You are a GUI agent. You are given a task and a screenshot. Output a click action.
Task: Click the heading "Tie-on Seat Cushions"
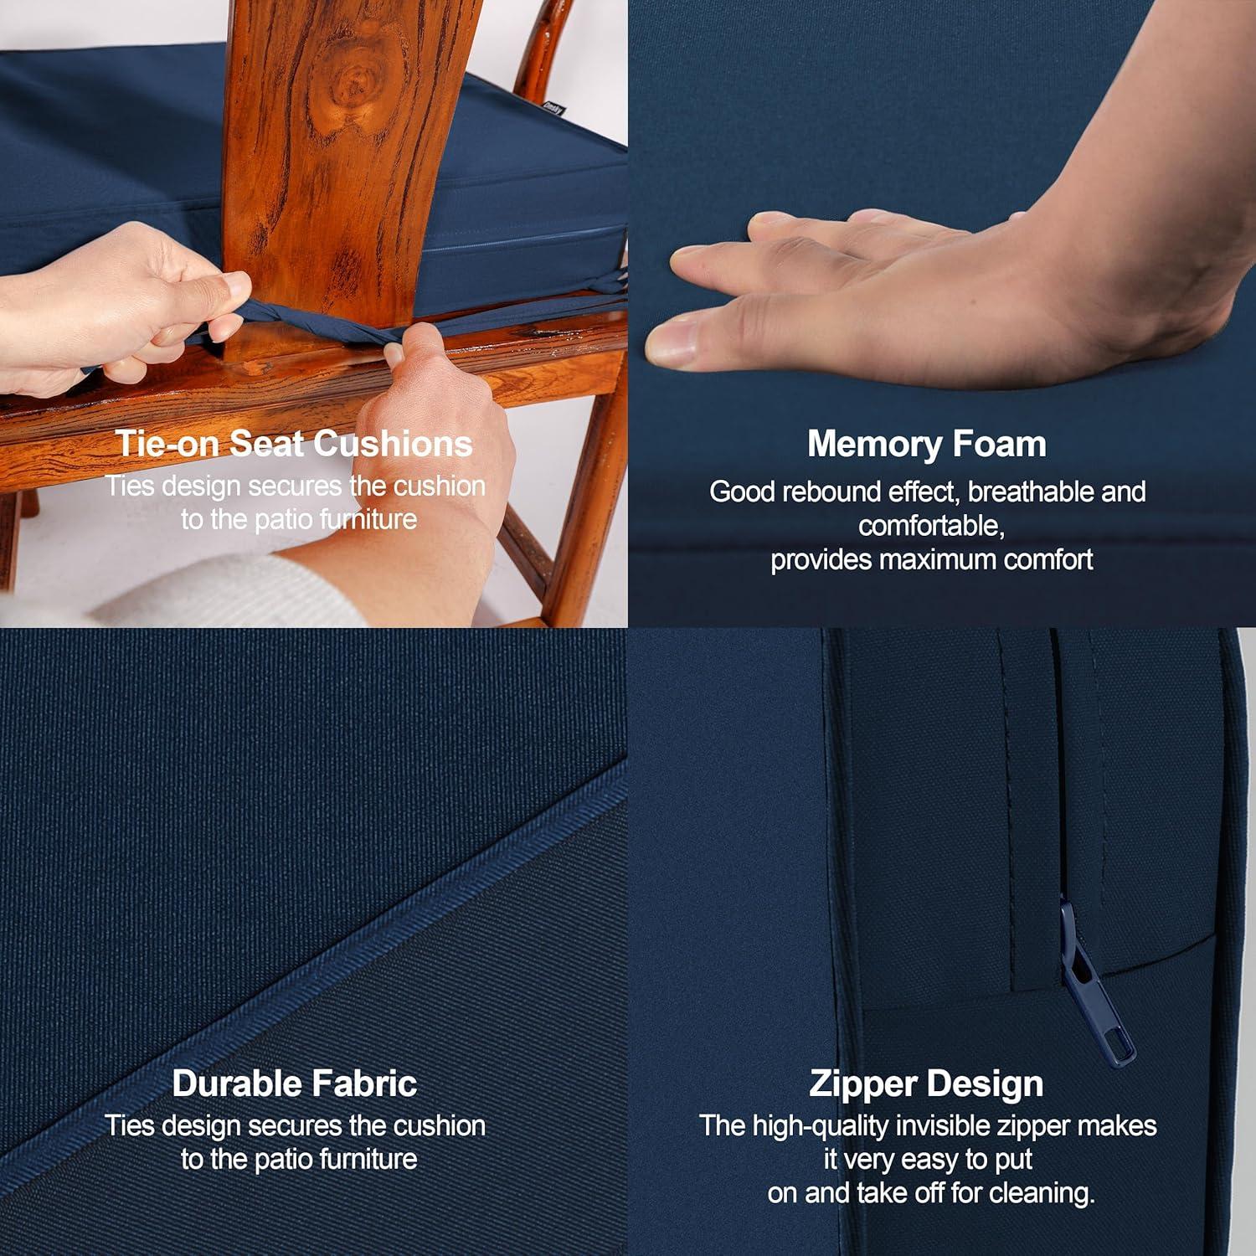click(294, 443)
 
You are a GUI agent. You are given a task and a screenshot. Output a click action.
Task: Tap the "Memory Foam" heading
click(927, 444)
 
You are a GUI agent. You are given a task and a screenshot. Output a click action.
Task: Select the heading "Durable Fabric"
click(295, 1083)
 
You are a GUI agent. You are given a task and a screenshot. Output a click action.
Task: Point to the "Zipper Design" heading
click(926, 1084)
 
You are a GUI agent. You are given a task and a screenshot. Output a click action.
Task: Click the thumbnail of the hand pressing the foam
click(942, 314)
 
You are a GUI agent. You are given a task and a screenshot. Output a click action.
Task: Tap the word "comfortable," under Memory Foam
click(931, 526)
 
